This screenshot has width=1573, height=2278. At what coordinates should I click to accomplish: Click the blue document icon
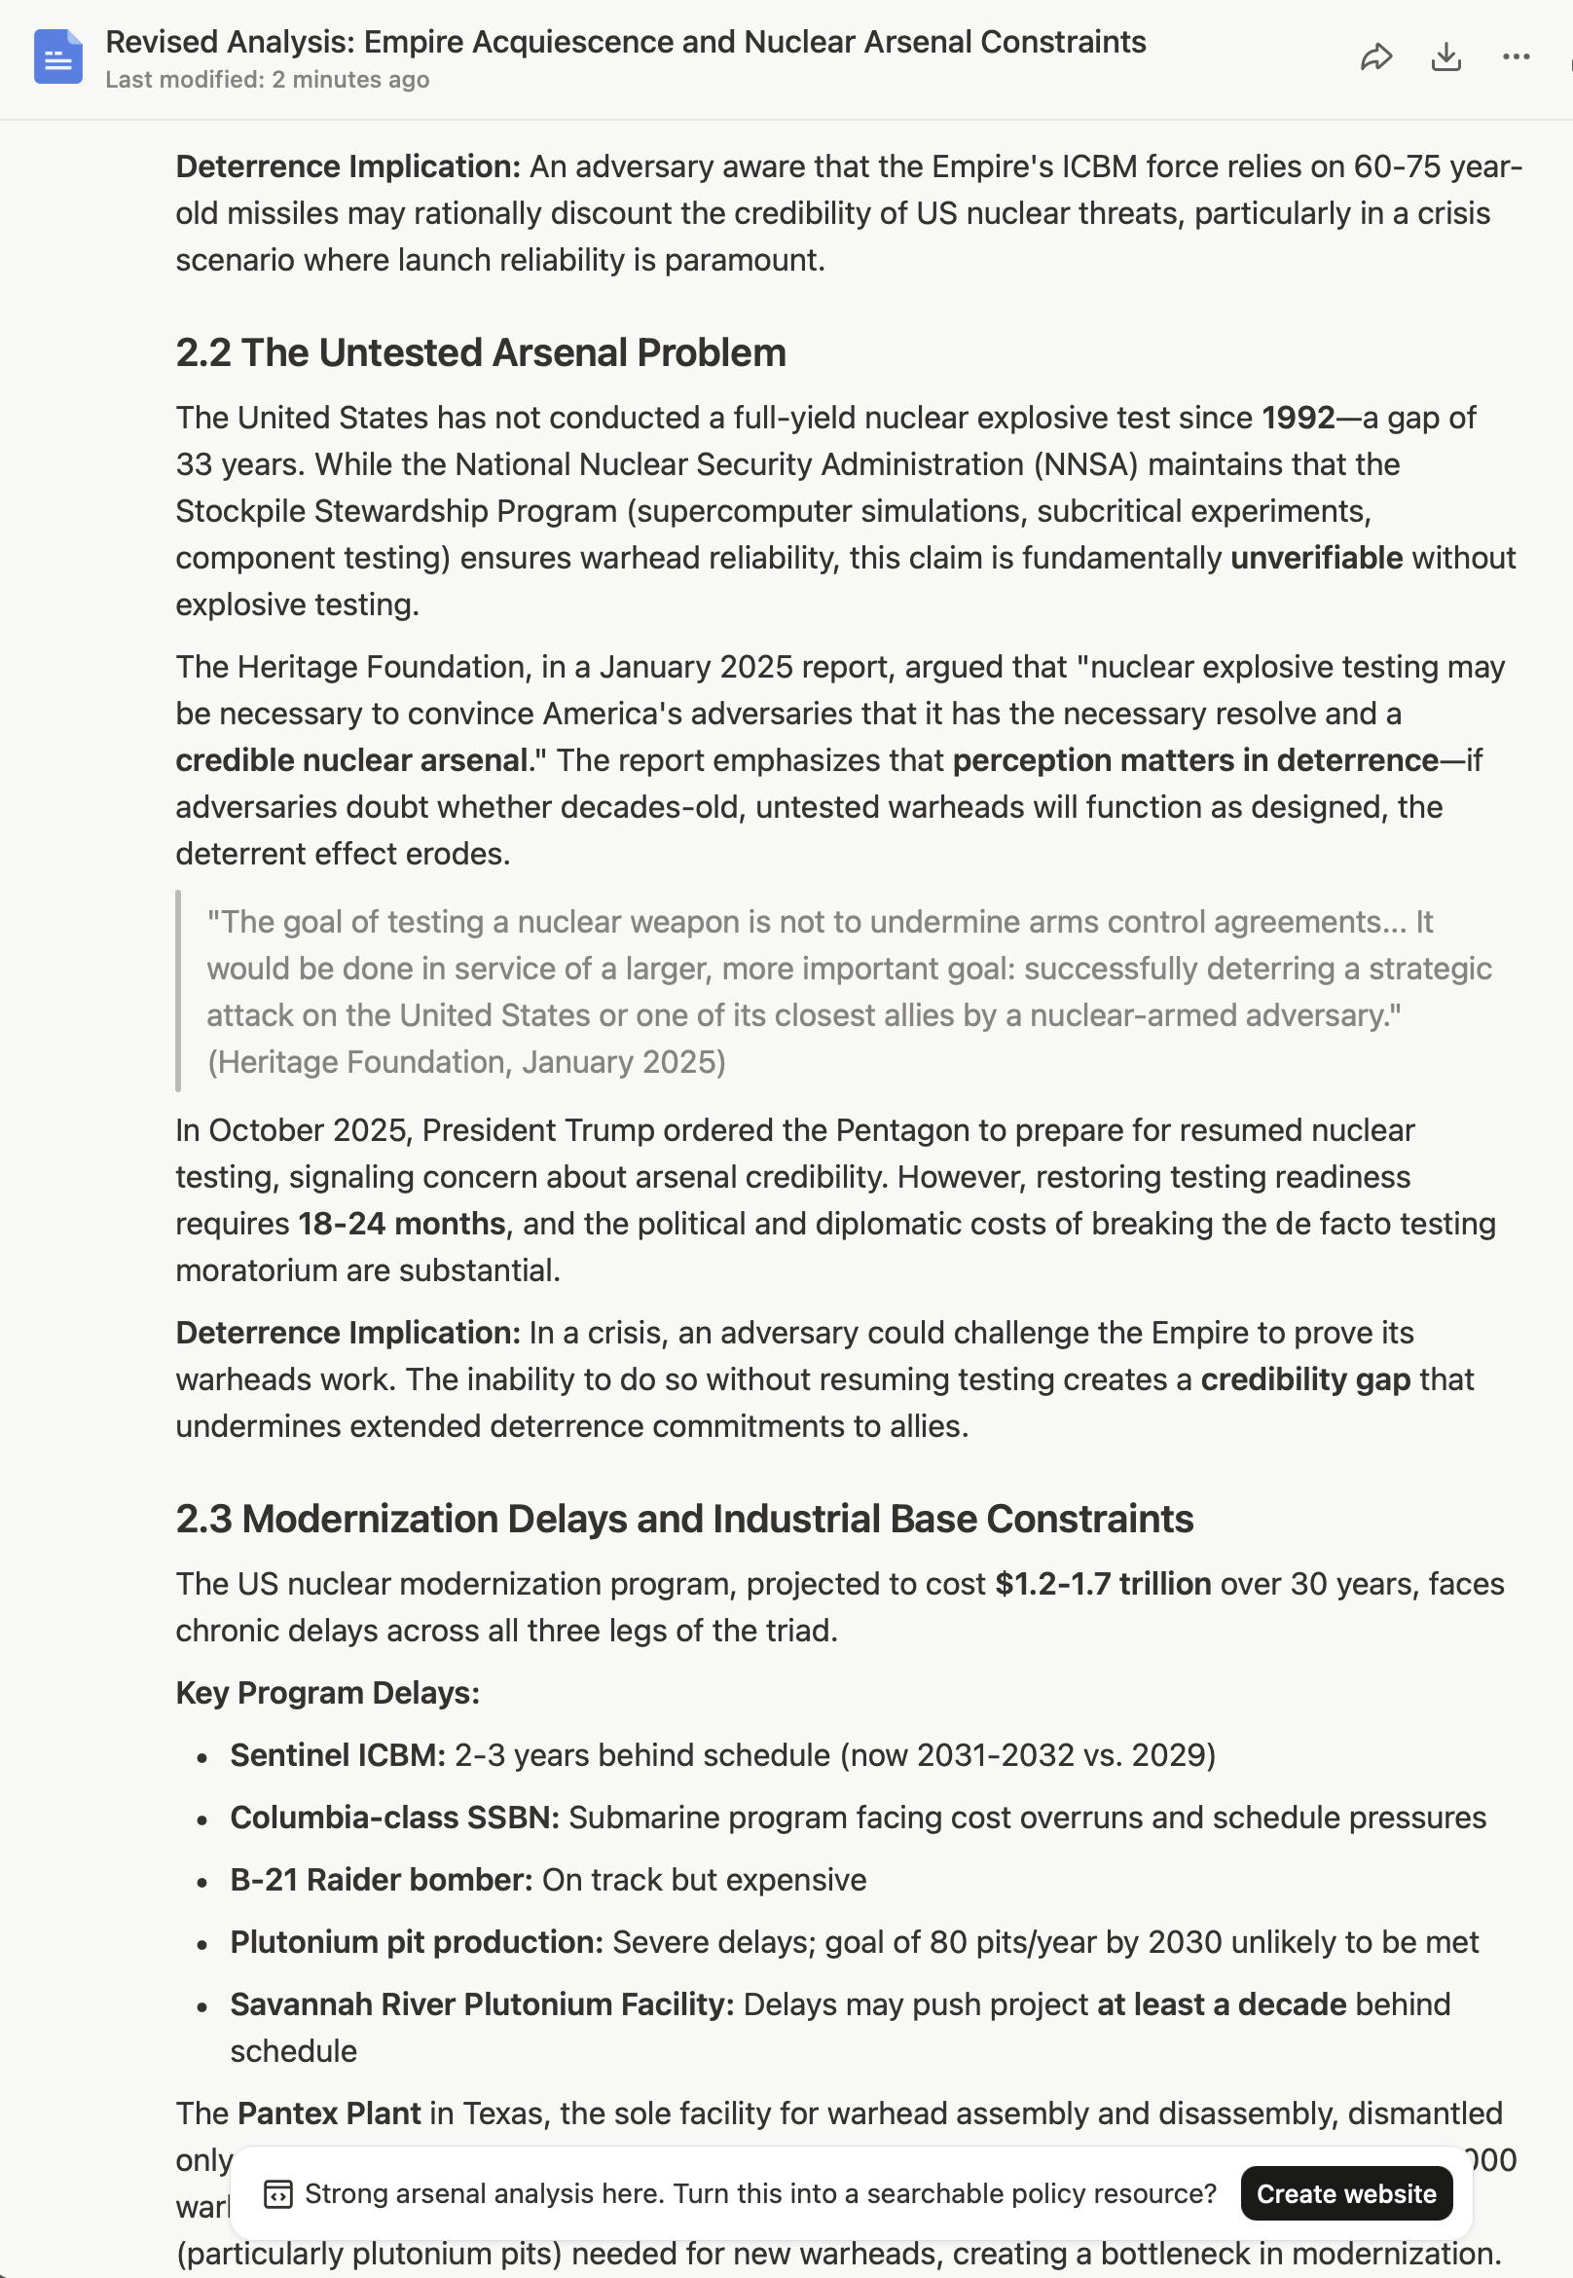point(58,57)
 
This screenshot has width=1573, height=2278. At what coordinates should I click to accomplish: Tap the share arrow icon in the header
point(1375,57)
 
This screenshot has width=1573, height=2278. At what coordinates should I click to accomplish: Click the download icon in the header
point(1445,57)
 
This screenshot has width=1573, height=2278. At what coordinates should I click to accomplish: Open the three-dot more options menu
point(1516,57)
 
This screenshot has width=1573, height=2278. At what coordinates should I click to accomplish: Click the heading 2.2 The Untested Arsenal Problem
point(480,352)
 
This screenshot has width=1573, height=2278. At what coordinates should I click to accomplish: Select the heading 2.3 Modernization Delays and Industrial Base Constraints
point(684,1519)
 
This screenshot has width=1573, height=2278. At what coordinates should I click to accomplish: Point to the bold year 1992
point(1299,418)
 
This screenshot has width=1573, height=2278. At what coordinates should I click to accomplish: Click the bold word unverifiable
point(1316,558)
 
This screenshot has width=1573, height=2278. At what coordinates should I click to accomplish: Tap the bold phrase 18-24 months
point(402,1224)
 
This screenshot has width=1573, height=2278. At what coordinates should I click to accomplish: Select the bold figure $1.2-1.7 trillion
point(1102,1584)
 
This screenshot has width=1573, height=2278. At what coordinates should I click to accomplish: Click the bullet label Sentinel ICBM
point(337,1755)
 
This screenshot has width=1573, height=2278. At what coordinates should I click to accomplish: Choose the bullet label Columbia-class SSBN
point(394,1818)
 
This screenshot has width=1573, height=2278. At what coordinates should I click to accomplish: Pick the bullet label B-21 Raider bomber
point(381,1880)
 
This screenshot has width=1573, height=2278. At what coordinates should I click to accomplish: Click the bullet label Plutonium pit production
point(416,1942)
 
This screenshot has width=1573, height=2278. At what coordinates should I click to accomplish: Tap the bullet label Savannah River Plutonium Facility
point(482,2004)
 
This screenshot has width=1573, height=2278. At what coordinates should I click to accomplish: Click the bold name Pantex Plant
point(329,2113)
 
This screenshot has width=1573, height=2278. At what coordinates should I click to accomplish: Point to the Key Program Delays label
point(327,1693)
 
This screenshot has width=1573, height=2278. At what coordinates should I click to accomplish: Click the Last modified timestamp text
point(267,80)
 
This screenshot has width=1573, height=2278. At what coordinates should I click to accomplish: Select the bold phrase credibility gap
point(1305,1379)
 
